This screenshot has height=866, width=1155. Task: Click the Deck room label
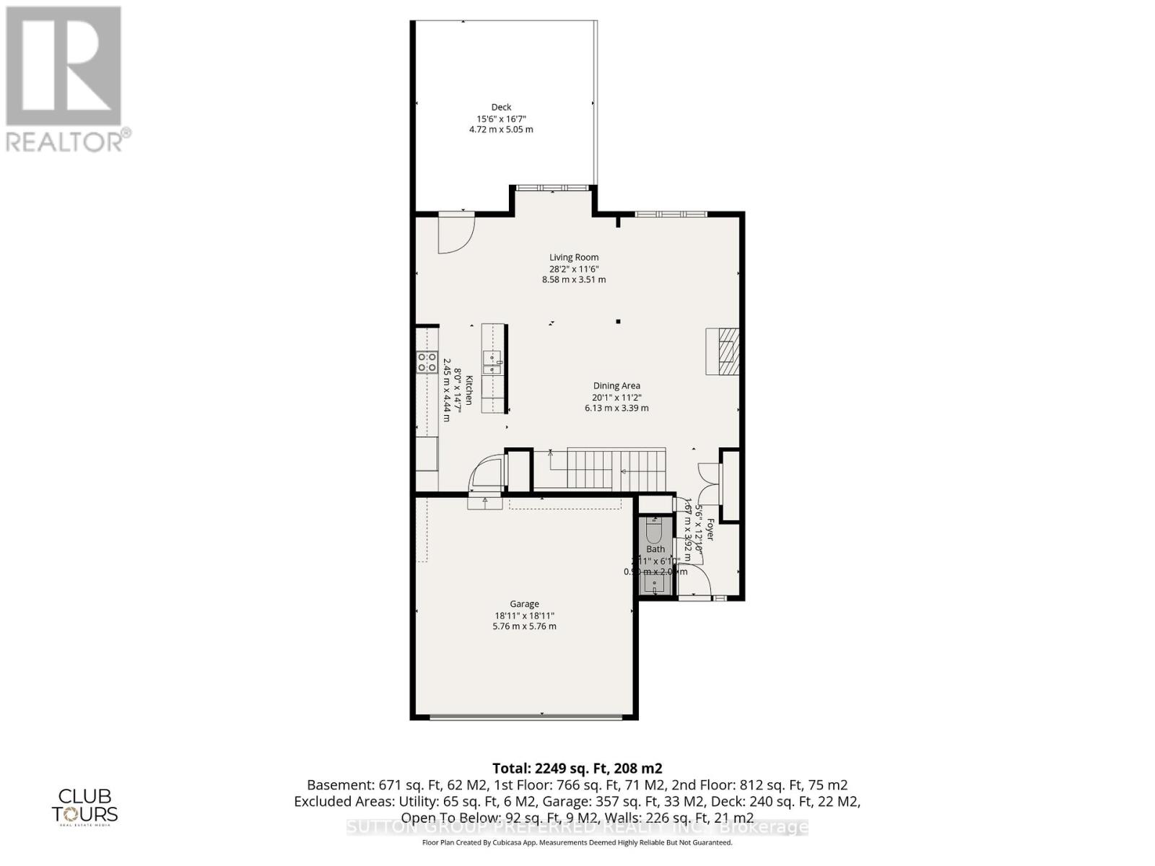click(501, 108)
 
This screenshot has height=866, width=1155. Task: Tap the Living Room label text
click(574, 257)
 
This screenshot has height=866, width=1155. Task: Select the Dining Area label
click(616, 386)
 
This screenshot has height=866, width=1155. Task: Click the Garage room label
click(524, 604)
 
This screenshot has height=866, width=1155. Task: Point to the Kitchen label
click(468, 390)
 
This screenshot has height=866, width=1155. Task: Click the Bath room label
click(655, 549)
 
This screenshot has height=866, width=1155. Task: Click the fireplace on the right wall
click(723, 351)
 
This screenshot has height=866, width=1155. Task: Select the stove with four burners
click(427, 362)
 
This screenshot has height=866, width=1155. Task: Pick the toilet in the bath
click(655, 532)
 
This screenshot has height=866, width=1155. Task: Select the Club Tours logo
click(84, 806)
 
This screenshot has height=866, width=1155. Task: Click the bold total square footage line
click(577, 769)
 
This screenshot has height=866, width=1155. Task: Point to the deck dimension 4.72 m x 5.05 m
click(501, 130)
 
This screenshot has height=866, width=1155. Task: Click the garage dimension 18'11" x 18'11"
click(524, 616)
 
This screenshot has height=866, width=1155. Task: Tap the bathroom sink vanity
click(655, 583)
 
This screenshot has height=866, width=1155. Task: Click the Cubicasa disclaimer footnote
click(577, 842)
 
